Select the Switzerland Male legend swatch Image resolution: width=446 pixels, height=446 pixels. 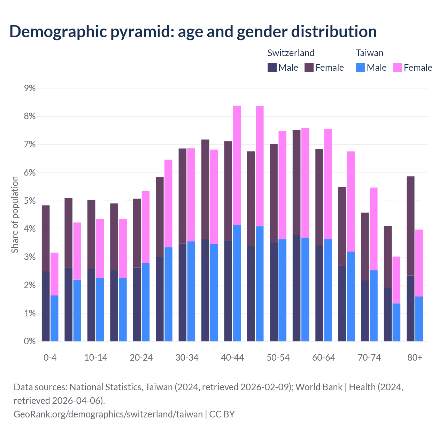click(x=272, y=68)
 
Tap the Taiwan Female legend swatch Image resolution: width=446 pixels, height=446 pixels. click(x=398, y=68)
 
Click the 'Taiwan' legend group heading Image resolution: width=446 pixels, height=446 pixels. click(x=369, y=53)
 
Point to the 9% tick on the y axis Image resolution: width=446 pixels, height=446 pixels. click(x=30, y=89)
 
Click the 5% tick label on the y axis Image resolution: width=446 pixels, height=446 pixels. click(x=30, y=201)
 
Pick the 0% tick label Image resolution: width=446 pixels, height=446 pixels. click(x=30, y=341)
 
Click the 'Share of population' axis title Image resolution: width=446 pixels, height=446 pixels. click(x=15, y=215)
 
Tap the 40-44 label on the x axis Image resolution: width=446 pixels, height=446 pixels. click(x=232, y=358)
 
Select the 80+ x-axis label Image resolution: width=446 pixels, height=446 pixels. click(x=415, y=358)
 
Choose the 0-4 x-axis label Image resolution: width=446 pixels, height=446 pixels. click(x=50, y=358)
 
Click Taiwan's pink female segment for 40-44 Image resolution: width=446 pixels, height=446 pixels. click(x=237, y=166)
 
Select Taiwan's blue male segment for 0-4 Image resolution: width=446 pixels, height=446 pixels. click(x=54, y=318)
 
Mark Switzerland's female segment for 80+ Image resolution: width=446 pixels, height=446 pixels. click(x=410, y=226)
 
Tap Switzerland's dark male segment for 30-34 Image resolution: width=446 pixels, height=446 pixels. click(x=183, y=292)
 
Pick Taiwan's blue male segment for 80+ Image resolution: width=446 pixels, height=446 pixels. click(x=419, y=319)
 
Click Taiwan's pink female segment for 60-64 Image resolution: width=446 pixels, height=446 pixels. click(x=328, y=184)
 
